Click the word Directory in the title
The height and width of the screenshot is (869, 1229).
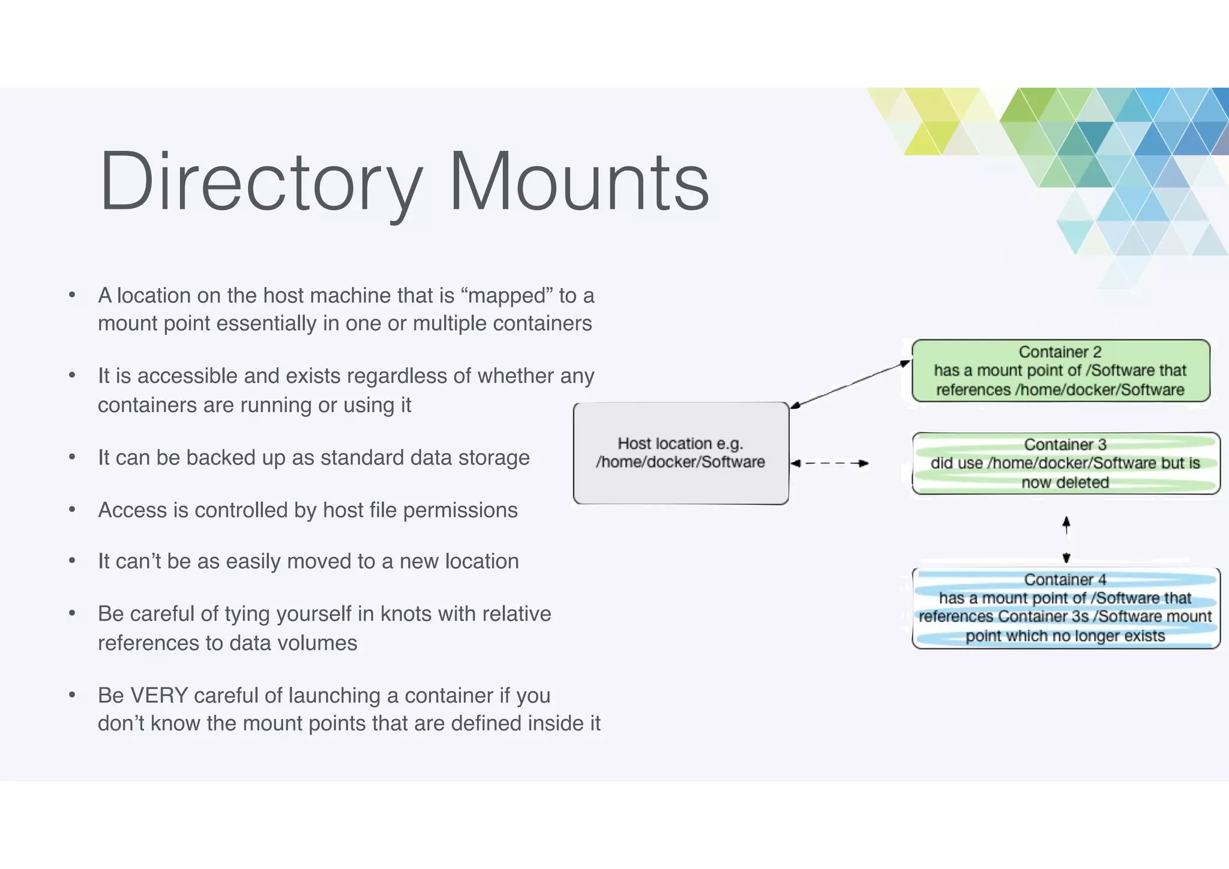(x=261, y=182)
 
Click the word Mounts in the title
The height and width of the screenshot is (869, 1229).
(x=579, y=182)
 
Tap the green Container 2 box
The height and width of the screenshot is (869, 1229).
(x=1060, y=371)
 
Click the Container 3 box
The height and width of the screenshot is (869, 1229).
(x=1066, y=463)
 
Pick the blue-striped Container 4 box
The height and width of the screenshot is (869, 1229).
(x=1066, y=608)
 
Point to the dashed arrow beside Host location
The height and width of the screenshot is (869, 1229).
(x=829, y=463)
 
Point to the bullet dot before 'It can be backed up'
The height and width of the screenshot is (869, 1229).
(x=72, y=457)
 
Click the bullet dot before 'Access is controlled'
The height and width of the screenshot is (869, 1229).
(x=72, y=510)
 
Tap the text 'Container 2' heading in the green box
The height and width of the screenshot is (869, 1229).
(x=1060, y=352)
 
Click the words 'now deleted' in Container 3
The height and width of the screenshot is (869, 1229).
(x=1065, y=483)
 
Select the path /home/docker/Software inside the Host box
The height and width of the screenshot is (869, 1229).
(x=681, y=462)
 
